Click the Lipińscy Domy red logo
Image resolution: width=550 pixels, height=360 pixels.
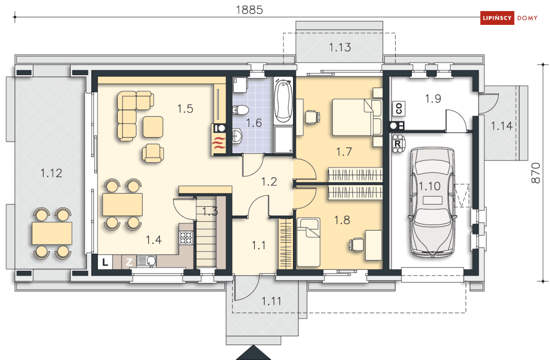[509, 18]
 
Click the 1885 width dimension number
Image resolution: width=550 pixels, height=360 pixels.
[249, 10]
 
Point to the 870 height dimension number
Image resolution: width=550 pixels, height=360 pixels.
[536, 173]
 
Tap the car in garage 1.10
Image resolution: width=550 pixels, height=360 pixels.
[432, 201]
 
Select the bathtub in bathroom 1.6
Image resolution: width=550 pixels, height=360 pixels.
[283, 101]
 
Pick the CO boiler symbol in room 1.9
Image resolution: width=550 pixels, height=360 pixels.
[399, 108]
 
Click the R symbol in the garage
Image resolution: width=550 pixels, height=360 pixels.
[398, 144]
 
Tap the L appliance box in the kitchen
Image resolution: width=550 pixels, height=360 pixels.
[105, 262]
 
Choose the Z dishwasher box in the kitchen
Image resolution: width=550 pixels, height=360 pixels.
[129, 262]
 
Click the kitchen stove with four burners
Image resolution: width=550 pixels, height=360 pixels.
[186, 238]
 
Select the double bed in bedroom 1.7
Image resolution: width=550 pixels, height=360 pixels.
[357, 117]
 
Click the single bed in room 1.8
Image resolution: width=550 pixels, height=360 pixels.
[308, 242]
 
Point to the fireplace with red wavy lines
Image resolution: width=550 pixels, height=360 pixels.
[219, 144]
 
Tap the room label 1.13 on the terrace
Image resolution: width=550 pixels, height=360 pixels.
[340, 47]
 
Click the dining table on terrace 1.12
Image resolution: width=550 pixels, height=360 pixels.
[52, 233]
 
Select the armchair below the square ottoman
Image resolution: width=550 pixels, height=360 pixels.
[153, 153]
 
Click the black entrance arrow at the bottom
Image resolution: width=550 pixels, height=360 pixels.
[253, 353]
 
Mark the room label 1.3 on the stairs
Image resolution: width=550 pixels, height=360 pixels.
[209, 211]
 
